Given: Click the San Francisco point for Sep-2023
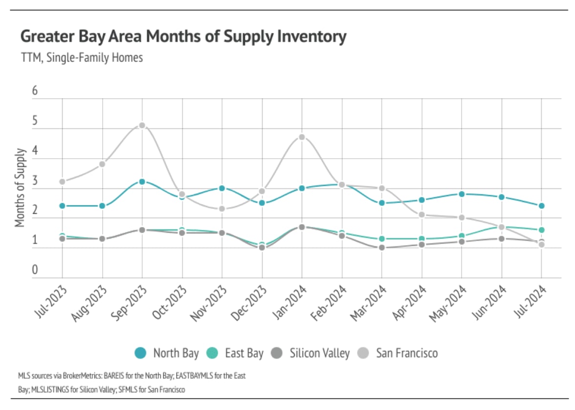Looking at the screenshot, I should click(x=142, y=125).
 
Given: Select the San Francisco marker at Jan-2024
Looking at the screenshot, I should click(x=302, y=137).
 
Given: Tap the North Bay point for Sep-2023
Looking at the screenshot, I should click(x=142, y=182).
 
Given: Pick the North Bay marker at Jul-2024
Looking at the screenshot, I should click(x=542, y=206).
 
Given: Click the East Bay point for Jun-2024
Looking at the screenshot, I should click(x=502, y=227).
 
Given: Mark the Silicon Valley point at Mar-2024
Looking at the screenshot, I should click(x=382, y=247).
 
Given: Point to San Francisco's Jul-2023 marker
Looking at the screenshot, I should click(x=63, y=182).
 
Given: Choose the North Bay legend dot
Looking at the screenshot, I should click(x=141, y=353).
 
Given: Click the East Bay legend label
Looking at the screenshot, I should click(x=244, y=353).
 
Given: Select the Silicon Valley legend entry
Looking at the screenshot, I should click(x=319, y=353).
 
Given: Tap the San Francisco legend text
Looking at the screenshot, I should click(x=406, y=353).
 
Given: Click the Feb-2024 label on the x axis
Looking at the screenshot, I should click(x=333, y=304).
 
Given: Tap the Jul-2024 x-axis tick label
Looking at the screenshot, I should click(x=533, y=304).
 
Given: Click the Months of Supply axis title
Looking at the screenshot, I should click(x=20, y=188).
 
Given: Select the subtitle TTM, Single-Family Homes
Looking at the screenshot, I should click(x=82, y=58).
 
